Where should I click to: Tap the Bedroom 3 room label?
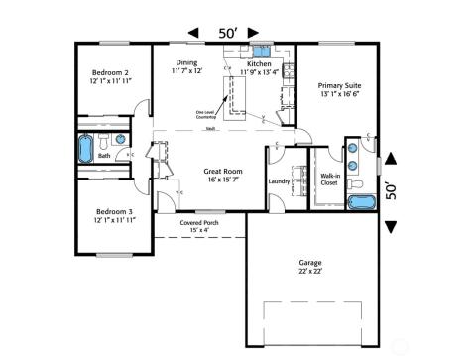click(114, 212)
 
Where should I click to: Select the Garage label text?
click(310, 264)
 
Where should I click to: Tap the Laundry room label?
click(279, 182)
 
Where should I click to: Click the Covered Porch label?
click(199, 223)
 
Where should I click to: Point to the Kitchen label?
click(245, 62)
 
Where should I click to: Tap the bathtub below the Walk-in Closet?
click(361, 204)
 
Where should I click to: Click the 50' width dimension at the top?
click(228, 32)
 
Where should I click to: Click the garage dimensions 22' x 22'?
click(310, 273)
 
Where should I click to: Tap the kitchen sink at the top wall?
click(261, 48)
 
